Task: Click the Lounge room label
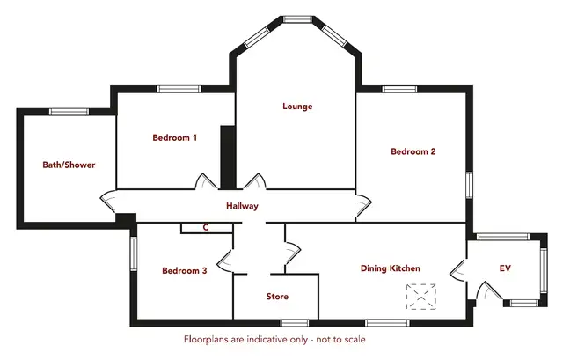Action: point(297,107)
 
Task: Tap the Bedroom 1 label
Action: point(174,137)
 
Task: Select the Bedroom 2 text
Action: point(413,151)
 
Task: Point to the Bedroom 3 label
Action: point(185,270)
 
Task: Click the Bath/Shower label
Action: point(69,165)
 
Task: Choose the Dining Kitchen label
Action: point(391,268)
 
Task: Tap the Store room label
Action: point(277,297)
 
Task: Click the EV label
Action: point(505,268)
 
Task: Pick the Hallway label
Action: point(243,206)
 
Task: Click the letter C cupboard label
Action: point(206,227)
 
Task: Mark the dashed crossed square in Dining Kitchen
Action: point(421,297)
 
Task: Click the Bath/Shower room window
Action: point(69,112)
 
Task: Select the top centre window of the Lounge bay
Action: point(297,19)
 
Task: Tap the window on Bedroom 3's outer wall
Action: point(134,253)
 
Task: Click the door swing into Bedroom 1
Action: point(206,181)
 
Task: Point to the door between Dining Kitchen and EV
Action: point(458,270)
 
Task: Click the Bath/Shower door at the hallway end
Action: point(108,202)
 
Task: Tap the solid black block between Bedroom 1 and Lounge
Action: point(228,158)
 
